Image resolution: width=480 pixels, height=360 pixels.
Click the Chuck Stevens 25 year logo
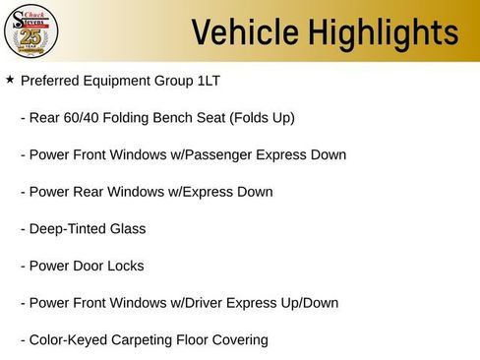30,30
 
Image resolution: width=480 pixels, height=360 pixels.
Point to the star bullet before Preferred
10,79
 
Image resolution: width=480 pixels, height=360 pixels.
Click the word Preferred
52,81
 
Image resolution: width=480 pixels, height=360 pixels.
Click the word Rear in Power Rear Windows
90,192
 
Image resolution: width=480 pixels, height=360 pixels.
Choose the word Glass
128,228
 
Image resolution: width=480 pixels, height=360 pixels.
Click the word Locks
125,266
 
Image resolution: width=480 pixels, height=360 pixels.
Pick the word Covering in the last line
237,340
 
